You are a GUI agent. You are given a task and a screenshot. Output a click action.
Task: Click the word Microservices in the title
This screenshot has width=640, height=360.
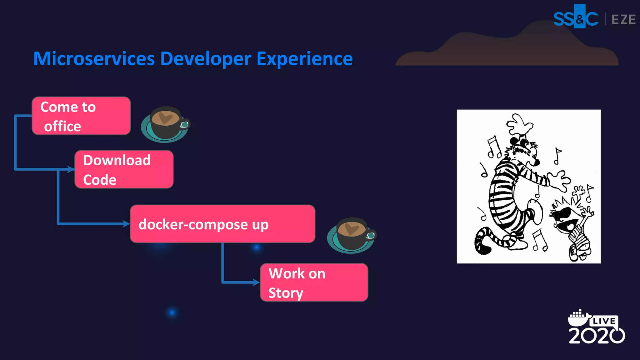[94, 59]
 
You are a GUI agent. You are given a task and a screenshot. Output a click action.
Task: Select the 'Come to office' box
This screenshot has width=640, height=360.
[81, 116]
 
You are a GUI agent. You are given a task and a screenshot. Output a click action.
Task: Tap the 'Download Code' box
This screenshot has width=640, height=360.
[124, 169]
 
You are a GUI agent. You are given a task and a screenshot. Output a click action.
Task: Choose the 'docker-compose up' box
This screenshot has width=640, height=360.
[222, 224]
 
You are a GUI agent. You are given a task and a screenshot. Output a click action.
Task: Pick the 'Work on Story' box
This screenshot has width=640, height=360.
[314, 282]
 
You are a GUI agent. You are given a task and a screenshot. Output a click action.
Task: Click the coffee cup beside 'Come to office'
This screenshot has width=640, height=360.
[165, 124]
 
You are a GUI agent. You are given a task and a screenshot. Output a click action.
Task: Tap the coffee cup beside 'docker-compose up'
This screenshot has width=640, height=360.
[352, 235]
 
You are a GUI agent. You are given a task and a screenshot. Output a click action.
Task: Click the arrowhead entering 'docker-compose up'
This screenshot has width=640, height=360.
[126, 224]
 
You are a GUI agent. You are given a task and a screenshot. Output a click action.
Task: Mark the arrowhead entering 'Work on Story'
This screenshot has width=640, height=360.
[256, 282]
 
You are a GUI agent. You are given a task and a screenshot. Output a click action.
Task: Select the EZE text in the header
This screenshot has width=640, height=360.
[623, 20]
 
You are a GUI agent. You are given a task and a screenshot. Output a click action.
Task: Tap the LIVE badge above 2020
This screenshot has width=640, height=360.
[604, 321]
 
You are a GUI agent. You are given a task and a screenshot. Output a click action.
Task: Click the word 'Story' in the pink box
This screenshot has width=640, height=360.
[286, 293]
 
